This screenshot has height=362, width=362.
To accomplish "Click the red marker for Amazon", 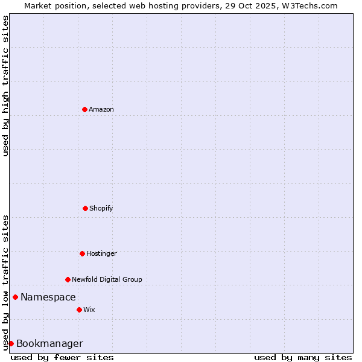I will [x=84, y=109].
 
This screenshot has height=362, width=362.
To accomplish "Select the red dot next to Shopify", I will [x=85, y=208].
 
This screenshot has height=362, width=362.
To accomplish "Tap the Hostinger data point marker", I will [x=82, y=253].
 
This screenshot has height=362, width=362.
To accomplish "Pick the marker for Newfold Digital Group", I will [x=68, y=279].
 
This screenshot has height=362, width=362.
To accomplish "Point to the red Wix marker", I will [x=79, y=310].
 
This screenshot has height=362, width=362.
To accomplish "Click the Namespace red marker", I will [x=15, y=297].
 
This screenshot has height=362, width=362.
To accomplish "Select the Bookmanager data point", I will [x=11, y=343].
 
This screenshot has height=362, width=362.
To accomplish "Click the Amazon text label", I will [x=101, y=109].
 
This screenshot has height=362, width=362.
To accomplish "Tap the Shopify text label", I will [x=101, y=208].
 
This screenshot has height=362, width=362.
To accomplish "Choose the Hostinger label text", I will [x=101, y=253].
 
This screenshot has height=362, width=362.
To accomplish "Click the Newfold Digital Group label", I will [x=107, y=279].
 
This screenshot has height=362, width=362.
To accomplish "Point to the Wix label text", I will [x=89, y=310].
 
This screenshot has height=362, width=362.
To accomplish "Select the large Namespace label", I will [x=48, y=297].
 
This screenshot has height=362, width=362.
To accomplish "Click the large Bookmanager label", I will [x=49, y=343].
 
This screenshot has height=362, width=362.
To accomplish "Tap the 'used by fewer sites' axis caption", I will [x=62, y=357].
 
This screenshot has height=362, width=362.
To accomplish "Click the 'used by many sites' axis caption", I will [x=303, y=357].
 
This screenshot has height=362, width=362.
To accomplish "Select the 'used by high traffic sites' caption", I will [x=5, y=86].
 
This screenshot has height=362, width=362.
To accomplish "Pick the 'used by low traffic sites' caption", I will [x=5, y=282].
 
